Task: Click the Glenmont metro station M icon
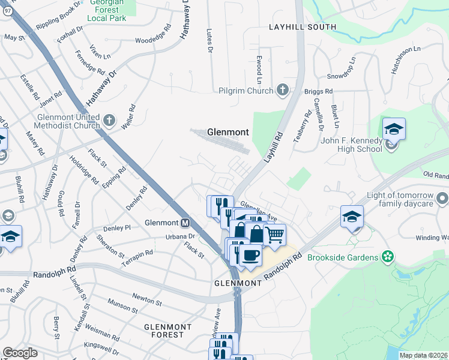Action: click(186, 223)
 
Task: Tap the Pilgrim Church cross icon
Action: click(283, 91)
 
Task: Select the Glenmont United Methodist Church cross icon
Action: click(109, 121)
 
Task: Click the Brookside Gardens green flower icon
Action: click(388, 257)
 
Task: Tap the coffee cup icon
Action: click(250, 254)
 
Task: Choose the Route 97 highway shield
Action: click(4, 4)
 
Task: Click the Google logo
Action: click(20, 353)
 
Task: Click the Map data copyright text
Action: click(423, 355)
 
